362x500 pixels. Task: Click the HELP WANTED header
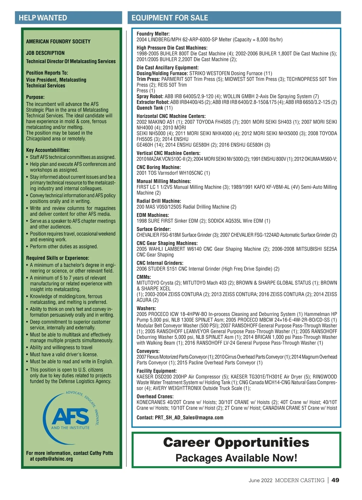[43, 18]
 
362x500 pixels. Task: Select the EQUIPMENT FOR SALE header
[170, 18]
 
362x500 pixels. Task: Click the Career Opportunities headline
[236, 442]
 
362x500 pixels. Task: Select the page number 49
[335, 480]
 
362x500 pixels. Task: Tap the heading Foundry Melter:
[153, 34]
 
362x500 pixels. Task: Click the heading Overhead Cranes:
[155, 396]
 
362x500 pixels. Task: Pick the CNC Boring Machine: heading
[159, 167]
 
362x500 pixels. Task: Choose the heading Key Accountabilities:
[48, 150]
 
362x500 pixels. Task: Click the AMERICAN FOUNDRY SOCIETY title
[58, 41]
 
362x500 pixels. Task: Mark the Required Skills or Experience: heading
[58, 258]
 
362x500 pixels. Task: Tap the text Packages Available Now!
[236, 458]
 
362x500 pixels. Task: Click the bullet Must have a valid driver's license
[64, 354]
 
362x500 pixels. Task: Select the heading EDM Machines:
[153, 215]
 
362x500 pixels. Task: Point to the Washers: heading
[146, 308]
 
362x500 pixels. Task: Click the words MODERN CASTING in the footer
[300, 480]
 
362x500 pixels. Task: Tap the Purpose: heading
[35, 97]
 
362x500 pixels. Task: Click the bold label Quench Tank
[150, 108]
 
